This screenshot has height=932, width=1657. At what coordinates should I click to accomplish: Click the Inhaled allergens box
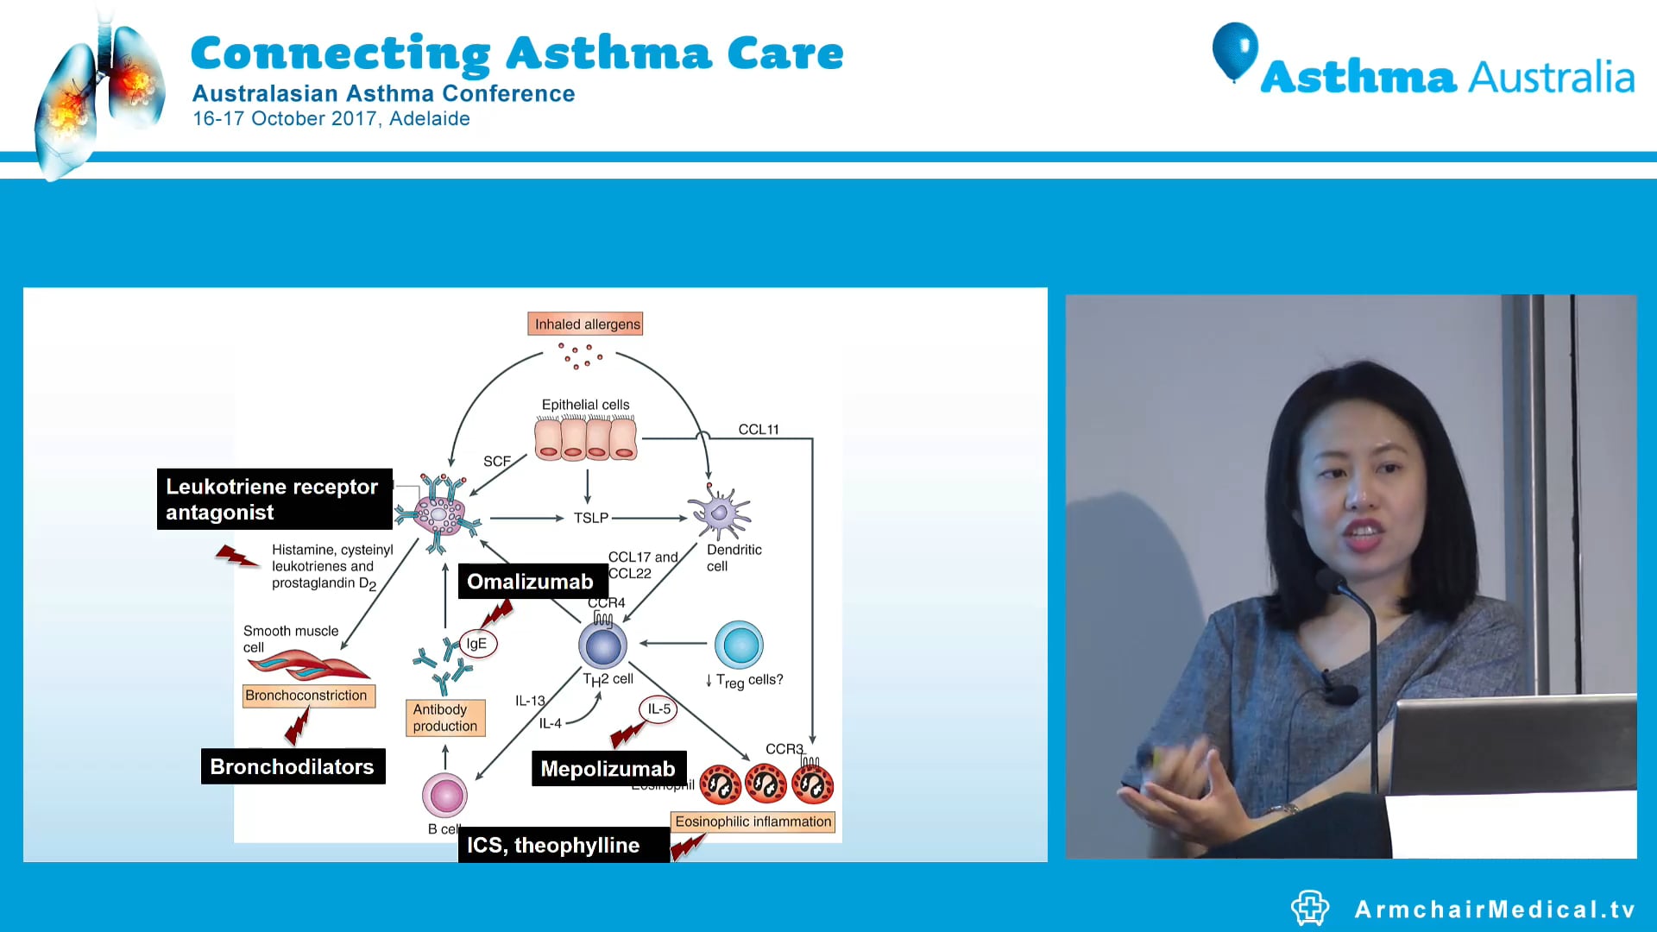586,324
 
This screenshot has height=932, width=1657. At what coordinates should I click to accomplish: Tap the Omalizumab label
530,582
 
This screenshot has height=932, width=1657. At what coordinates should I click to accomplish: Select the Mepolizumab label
608,768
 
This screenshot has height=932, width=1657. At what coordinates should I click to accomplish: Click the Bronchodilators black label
292,766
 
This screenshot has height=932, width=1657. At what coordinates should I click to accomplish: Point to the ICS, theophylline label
553,845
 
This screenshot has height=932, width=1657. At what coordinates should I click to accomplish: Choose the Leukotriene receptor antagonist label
273,499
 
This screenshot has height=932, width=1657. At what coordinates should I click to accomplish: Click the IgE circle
477,644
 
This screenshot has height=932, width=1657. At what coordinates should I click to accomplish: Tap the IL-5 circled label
658,709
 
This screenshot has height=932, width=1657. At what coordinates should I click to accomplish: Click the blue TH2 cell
602,645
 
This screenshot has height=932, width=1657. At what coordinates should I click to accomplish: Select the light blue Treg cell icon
739,645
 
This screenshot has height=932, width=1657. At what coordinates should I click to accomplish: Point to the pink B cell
444,795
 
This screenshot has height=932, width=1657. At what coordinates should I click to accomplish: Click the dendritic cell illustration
719,513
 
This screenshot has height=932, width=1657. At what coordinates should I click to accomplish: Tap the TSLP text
591,518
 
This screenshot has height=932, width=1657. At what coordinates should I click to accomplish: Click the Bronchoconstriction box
307,696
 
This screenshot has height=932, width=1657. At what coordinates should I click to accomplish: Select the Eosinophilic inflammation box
753,822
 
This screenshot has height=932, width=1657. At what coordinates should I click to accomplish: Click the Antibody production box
445,717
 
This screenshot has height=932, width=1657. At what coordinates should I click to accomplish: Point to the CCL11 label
759,429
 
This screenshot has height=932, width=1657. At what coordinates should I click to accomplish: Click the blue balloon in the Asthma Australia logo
1235,50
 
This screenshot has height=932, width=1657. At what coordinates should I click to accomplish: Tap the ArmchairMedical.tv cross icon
1309,908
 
